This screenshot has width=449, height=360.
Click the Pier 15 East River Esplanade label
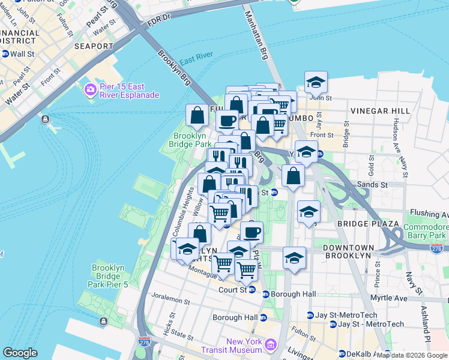pyautogui.click(x=128, y=90)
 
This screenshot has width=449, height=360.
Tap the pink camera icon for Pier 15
pyautogui.click(x=91, y=90)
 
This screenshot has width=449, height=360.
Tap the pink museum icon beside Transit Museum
pyautogui.click(x=270, y=345)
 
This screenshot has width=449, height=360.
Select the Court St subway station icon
pyautogui.click(x=252, y=290)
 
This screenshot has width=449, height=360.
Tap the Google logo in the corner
pyautogui.click(x=20, y=353)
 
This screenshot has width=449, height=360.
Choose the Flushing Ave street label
pyautogui.click(x=428, y=213)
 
